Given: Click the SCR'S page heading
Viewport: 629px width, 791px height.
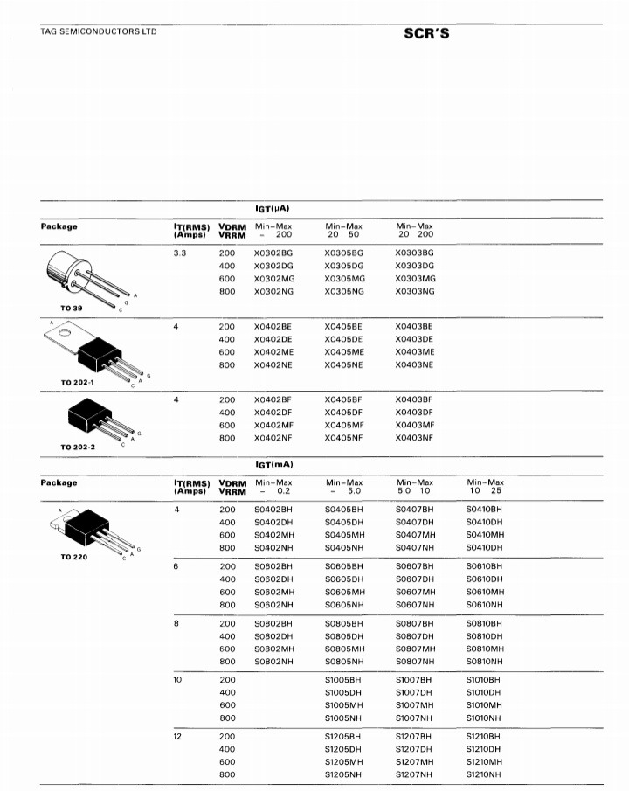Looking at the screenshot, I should tap(425, 34).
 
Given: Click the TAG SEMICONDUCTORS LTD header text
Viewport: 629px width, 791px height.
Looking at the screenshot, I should tap(99, 32).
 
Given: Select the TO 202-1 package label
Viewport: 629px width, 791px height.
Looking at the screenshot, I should tap(77, 382).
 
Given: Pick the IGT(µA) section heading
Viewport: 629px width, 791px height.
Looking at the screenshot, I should tap(272, 208).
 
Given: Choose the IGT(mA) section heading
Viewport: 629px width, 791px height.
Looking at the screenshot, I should tap(273, 464).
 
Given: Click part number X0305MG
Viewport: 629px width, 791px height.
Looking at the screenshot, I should tap(342, 278).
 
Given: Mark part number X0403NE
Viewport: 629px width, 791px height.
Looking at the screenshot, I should tap(414, 364).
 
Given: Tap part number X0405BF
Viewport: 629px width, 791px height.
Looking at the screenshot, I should tap(342, 399).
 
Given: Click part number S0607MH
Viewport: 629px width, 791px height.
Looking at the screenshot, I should tap(415, 592).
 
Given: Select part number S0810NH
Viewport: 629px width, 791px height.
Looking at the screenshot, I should tap(485, 662).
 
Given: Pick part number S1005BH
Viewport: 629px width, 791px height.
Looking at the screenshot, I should tap(342, 679).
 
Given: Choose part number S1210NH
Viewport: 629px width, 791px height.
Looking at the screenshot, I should tap(485, 774).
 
